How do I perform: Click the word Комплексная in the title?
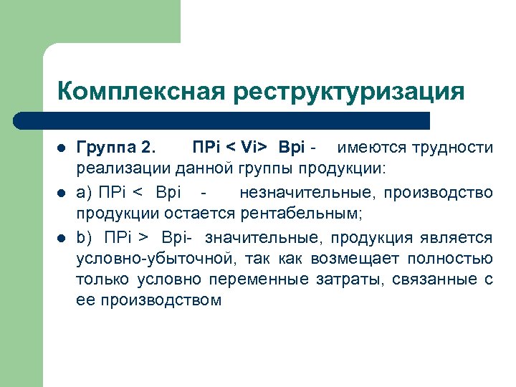coord(140,92)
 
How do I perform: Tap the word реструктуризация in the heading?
coord(347,92)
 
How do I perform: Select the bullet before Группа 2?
coord(62,149)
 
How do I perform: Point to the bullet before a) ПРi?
coord(62,193)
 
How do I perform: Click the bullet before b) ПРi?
coord(62,238)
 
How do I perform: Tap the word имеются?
coord(371,148)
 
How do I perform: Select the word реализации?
coord(118,170)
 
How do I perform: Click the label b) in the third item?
coord(84,237)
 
